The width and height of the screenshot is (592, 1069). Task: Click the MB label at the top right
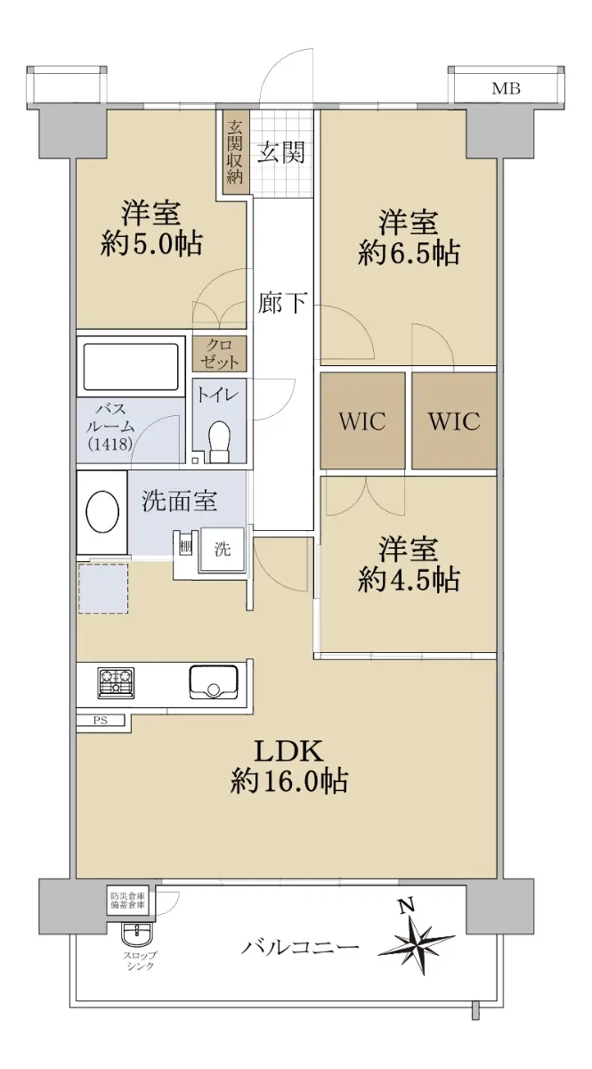(x=506, y=88)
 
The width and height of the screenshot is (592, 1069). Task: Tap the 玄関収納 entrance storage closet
(x=235, y=152)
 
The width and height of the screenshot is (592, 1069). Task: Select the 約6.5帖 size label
(x=409, y=253)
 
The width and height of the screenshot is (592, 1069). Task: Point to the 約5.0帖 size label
(x=151, y=244)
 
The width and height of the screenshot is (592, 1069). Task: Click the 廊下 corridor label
(x=282, y=302)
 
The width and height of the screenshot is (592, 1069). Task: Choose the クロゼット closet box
(x=219, y=354)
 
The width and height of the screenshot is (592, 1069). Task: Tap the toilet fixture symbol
(x=219, y=440)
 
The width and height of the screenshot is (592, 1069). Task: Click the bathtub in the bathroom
(x=131, y=366)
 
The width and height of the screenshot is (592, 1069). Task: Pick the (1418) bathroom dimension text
(x=109, y=445)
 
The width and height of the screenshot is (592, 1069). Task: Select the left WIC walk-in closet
(x=362, y=420)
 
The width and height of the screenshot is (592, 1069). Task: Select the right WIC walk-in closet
(x=454, y=420)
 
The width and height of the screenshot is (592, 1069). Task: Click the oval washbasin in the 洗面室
(x=102, y=512)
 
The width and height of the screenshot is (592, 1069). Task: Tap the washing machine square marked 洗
(x=223, y=550)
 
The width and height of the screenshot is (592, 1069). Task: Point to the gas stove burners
(x=116, y=682)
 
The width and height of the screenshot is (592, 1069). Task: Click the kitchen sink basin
(x=214, y=681)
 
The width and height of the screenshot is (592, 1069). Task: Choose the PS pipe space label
(x=101, y=720)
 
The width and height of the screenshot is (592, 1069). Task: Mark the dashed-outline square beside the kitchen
(x=103, y=589)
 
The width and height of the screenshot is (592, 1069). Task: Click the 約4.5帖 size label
(x=409, y=580)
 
